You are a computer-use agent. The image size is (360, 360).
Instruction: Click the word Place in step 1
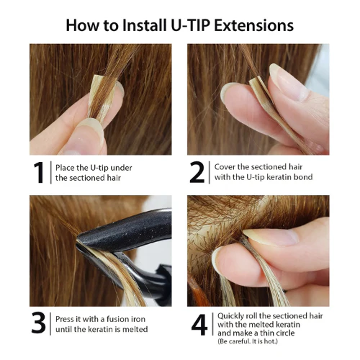point(67,168)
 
